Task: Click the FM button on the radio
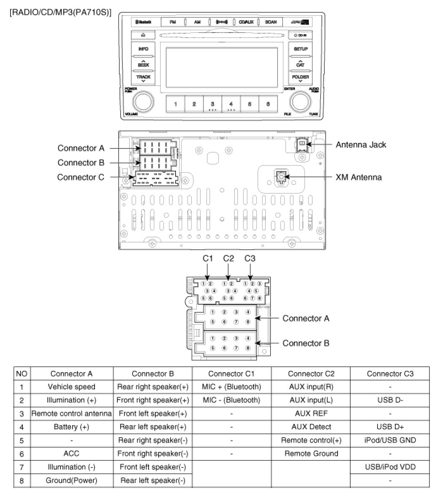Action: point(173,22)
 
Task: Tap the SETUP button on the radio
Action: point(300,49)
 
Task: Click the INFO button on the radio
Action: point(143,49)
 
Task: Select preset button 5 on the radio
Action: point(249,104)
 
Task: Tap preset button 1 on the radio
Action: point(175,104)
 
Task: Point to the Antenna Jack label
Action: point(361,145)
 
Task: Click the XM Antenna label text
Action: point(359,177)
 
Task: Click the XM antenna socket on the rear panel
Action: point(281,177)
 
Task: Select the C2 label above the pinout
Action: point(228,259)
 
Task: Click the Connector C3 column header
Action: point(390,373)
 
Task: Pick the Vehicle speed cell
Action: point(71,386)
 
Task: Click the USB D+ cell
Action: point(390,427)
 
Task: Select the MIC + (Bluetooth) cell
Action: point(231,386)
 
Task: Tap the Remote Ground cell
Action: point(311,454)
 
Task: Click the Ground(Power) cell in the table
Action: point(71,480)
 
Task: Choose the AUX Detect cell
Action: point(311,427)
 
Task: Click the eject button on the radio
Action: point(143,35)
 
